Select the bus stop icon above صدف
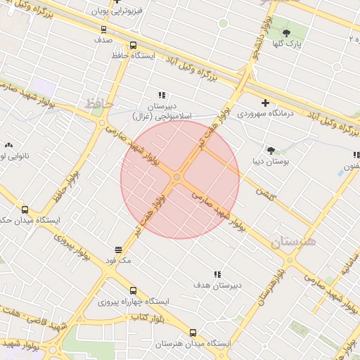(x=104, y=30)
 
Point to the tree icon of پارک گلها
(x=285, y=32)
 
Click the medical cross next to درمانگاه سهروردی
(x=265, y=103)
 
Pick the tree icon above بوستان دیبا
(x=271, y=150)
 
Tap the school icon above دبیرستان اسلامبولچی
(x=162, y=95)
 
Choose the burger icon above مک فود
(x=118, y=250)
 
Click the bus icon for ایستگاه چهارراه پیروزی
(x=134, y=290)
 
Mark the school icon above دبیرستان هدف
(x=217, y=274)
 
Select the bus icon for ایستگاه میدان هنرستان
(x=193, y=333)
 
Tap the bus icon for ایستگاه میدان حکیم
(x=25, y=210)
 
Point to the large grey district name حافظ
(x=99, y=104)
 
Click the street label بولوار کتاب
(x=148, y=319)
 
